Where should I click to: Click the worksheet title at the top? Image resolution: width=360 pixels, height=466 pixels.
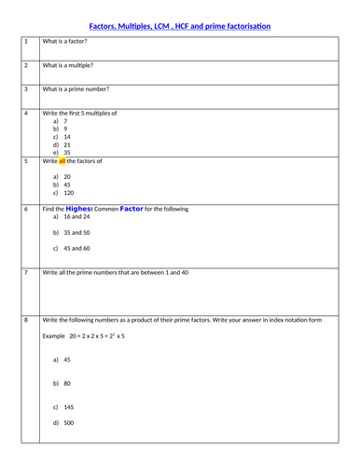pos(180,26)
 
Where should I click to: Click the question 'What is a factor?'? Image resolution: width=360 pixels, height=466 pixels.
pos(71,42)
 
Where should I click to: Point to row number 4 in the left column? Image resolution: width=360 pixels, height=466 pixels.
pos(27,113)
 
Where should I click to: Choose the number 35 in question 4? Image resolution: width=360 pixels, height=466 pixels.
pos(67,153)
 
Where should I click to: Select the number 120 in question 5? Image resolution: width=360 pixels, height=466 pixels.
pos(69,193)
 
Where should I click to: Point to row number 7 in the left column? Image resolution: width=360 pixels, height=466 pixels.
pos(27,272)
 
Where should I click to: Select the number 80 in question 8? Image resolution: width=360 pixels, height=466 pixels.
pos(67,382)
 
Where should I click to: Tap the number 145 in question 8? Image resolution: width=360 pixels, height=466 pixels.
pos(69,407)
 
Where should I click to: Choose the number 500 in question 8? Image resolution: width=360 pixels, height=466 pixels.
pos(69,423)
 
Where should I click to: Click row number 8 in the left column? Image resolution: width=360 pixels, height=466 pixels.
pos(27,320)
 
